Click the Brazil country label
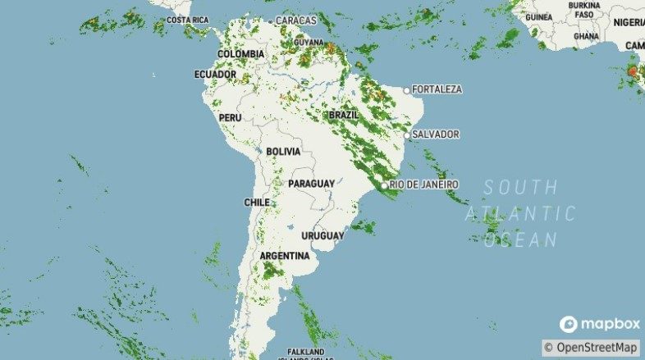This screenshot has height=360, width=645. point(344,116)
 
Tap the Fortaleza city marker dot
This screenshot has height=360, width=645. point(406,89)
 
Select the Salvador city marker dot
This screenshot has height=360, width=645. point(406,134)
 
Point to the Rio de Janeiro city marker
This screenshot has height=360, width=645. point(384,185)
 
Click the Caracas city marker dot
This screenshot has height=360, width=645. point(270,21)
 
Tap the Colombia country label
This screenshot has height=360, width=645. point(240,54)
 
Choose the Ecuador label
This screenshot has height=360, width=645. point(215,75)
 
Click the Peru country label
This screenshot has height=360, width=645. point(230,118)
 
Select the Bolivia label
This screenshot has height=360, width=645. point(283,152)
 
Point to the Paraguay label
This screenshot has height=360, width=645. point(312,183)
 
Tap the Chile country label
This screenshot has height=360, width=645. point(257,202)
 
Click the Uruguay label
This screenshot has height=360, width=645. point(322,236)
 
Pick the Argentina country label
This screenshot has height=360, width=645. point(285,256)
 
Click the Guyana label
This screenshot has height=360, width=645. point(309,42)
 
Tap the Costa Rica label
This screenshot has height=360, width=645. point(187,20)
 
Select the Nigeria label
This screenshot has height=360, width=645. point(629,23)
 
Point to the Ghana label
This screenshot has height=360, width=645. point(586,36)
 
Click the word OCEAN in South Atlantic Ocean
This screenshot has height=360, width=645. point(521,240)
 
